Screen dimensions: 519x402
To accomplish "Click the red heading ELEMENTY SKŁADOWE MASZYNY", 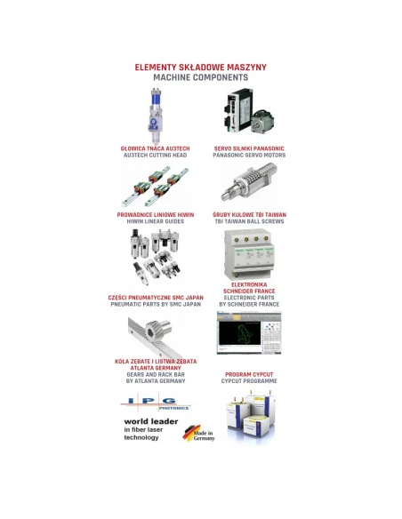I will pos(200,67).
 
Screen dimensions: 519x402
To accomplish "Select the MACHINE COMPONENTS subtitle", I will pos(200,77).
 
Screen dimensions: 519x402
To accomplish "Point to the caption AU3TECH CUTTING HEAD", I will pos(154,155).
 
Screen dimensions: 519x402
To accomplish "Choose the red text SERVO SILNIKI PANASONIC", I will pos(249,148).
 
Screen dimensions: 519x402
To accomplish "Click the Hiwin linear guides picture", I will pos(154,185).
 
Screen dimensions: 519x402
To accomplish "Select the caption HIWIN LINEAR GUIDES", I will pos(154,220).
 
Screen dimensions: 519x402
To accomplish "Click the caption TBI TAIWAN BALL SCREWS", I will pos(249,220).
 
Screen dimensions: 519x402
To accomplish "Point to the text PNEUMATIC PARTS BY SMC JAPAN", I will pos(154,303).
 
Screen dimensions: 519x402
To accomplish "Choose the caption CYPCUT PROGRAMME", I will pos(249,381).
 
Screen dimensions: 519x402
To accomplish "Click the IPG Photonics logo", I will pos(154,402).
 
